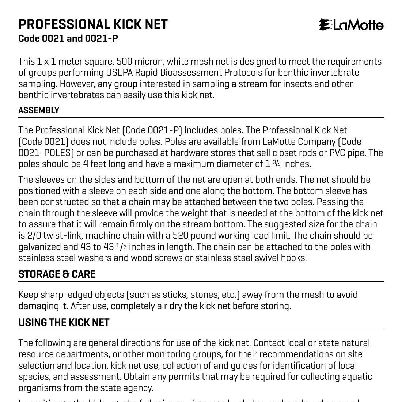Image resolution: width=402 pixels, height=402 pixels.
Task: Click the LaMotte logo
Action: coord(351,25)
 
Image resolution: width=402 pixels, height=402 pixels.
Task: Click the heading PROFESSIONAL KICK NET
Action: coord(93,24)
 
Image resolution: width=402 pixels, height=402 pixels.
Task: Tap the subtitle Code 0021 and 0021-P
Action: coord(68,38)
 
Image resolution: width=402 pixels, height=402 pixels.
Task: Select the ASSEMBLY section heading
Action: coord(39,110)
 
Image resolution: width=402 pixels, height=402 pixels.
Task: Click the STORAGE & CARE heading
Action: coord(57,274)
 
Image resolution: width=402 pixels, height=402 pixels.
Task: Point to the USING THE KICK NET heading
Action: coord(64,322)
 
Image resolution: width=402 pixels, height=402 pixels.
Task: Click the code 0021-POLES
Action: coord(44,153)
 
